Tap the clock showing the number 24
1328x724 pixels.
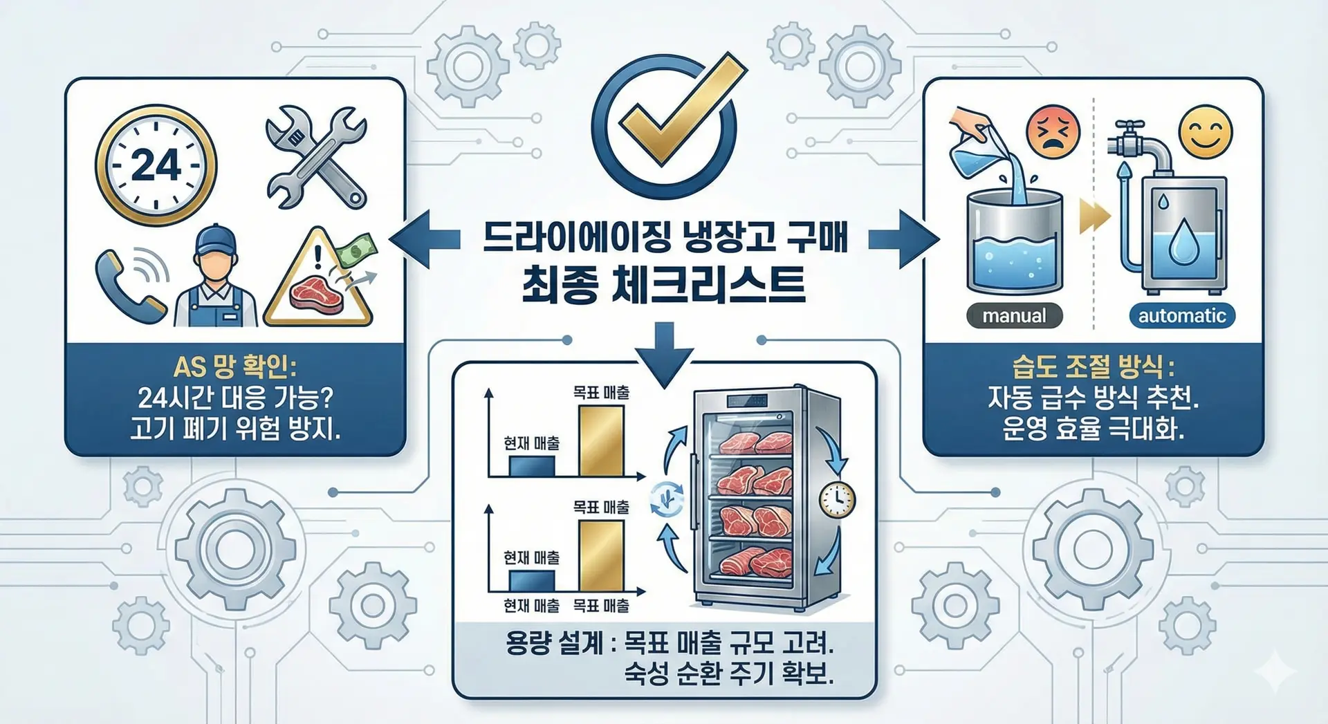(x=156, y=165)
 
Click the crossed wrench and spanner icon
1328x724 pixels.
(x=317, y=157)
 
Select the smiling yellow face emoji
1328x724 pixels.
(x=1206, y=132)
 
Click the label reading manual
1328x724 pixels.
(x=1014, y=316)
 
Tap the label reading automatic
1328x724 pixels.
(x=1182, y=316)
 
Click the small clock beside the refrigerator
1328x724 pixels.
(x=837, y=499)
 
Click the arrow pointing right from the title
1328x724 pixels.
(x=903, y=239)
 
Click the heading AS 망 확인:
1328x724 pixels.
(x=234, y=366)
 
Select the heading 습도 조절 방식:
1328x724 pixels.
(x=1092, y=366)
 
